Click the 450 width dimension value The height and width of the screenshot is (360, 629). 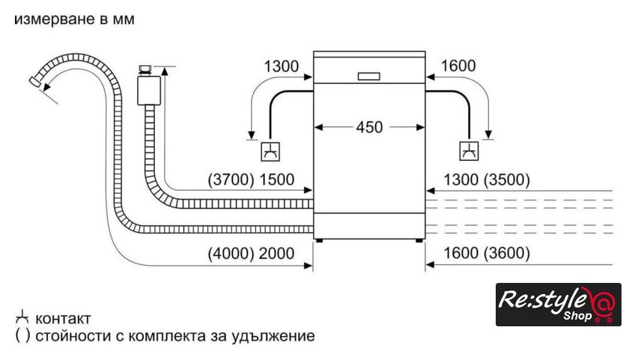[x=369, y=127]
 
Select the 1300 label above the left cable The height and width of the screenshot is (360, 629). [x=280, y=66]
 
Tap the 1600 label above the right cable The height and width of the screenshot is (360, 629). [x=459, y=66]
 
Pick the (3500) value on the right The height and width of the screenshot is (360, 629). [x=507, y=180]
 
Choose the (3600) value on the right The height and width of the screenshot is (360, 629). [x=507, y=254]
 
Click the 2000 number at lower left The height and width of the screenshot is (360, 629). [x=276, y=254]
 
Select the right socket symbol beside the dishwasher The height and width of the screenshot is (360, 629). [x=470, y=151]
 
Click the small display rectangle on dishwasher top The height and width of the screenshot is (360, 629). [x=370, y=76]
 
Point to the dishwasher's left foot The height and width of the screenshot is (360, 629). [x=320, y=240]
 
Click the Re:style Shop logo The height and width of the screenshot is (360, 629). [x=558, y=305]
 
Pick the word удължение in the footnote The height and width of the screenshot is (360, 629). [x=278, y=336]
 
